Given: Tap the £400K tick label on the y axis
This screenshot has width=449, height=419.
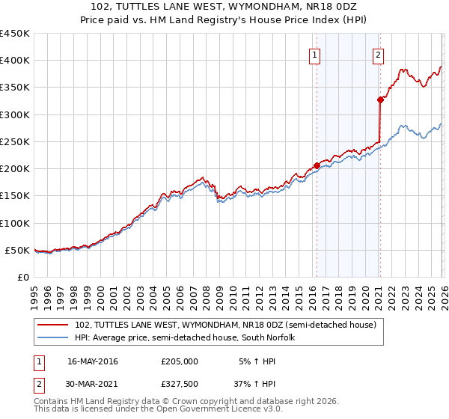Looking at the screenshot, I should coord(14,61).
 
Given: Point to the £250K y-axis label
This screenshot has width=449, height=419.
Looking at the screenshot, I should coord(14,141).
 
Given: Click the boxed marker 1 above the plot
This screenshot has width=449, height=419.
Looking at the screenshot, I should coord(314,55).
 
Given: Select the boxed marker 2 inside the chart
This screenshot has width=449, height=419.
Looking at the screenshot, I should coord(379,55).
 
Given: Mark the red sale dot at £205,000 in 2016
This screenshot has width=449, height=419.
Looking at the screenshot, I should coord(317,165).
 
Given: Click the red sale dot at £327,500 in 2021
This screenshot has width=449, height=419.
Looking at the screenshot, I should coord(380,100).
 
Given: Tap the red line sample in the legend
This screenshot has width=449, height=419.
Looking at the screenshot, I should coord(54,325).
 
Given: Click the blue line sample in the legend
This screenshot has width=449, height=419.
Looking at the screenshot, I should coord(54,337).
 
